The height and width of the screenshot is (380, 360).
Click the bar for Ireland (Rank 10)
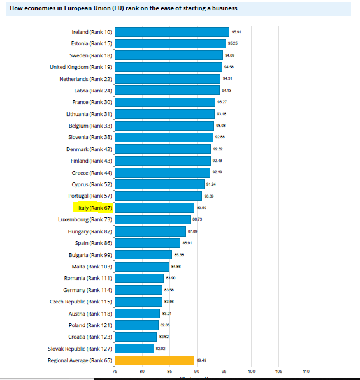(x=172, y=32)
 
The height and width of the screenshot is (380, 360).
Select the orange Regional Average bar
(x=155, y=360)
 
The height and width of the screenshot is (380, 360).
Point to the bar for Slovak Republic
(x=135, y=349)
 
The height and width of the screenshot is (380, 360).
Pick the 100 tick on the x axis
(x=251, y=371)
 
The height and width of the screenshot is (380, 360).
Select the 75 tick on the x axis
(x=115, y=371)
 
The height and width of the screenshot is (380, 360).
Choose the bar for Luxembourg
(x=153, y=219)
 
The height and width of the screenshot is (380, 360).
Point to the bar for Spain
(x=148, y=243)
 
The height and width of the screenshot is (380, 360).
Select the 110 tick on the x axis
(x=306, y=371)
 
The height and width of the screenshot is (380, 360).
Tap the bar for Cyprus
(x=160, y=184)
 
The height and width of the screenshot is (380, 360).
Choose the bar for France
(x=166, y=102)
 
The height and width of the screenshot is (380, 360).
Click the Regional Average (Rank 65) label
(x=80, y=360)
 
